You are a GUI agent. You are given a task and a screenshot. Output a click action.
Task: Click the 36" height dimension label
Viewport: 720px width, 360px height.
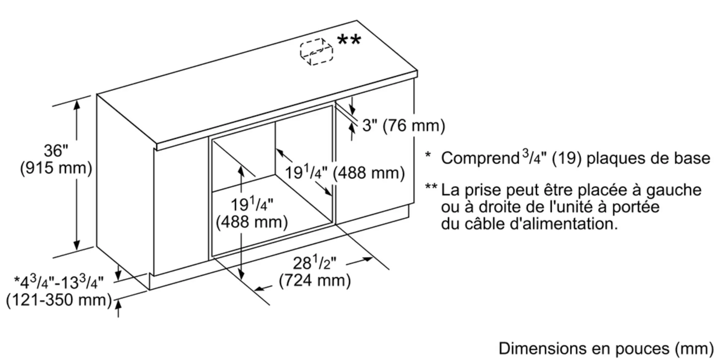(x=56, y=150)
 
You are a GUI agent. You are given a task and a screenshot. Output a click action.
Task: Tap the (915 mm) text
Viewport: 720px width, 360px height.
(x=56, y=168)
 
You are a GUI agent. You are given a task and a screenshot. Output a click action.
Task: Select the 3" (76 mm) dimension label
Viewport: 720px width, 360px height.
(x=404, y=125)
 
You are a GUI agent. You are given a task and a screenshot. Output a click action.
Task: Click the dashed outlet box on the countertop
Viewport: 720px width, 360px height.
(x=316, y=52)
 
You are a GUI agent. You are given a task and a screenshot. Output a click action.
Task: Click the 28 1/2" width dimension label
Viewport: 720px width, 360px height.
(x=314, y=263)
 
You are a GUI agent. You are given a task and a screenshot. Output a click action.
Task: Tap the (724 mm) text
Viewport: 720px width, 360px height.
(x=315, y=280)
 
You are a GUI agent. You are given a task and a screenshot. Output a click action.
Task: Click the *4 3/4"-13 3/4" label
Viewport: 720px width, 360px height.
(x=59, y=282)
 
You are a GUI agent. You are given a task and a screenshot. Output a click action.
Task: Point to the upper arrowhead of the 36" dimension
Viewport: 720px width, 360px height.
(x=77, y=105)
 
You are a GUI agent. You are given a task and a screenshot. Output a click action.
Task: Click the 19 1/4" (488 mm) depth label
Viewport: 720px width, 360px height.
(x=345, y=173)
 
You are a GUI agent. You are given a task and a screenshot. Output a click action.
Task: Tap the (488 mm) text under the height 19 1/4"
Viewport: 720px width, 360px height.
(x=252, y=222)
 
